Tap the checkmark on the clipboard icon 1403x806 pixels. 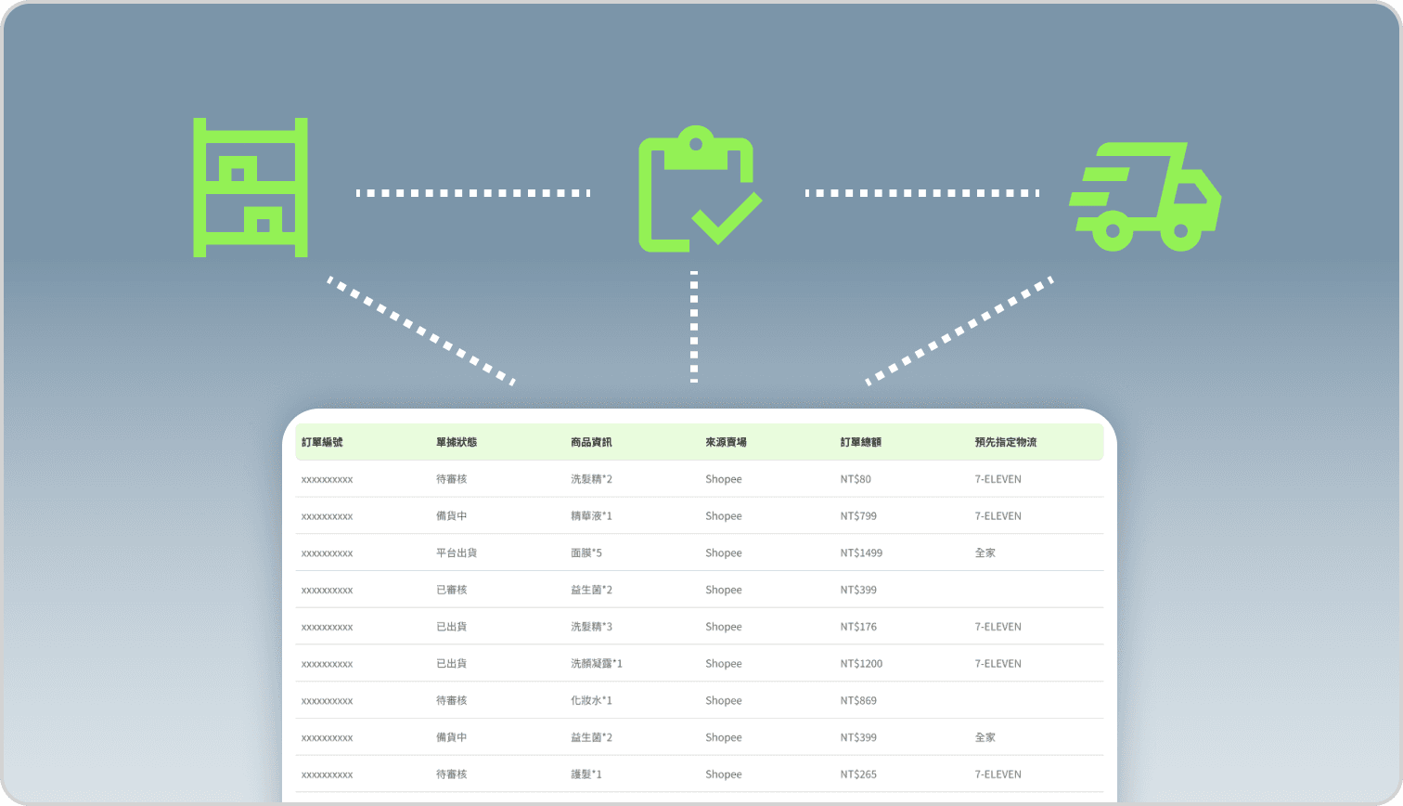coord(727,219)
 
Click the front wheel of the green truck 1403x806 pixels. coord(1181,231)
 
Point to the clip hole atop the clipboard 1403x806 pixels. coord(696,144)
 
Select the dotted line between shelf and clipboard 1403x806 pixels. coord(473,193)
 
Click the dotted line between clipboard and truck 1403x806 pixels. coord(922,193)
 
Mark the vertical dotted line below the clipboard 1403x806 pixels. coord(694,327)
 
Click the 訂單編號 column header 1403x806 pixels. coord(322,442)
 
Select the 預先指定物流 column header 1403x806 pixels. coord(1005,442)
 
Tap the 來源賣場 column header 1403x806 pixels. coord(726,442)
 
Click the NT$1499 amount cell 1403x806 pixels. coord(861,552)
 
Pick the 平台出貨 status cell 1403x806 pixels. coord(457,552)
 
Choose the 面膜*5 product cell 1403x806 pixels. coord(586,552)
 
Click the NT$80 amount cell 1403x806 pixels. coord(856,479)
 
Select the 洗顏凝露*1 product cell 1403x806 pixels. coord(597,663)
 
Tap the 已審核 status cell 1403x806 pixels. coord(452,590)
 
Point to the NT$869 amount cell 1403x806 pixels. coord(858,700)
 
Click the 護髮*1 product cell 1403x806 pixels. coord(586,774)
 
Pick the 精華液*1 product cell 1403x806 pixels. coord(591,515)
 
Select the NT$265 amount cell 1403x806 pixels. coord(858,774)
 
